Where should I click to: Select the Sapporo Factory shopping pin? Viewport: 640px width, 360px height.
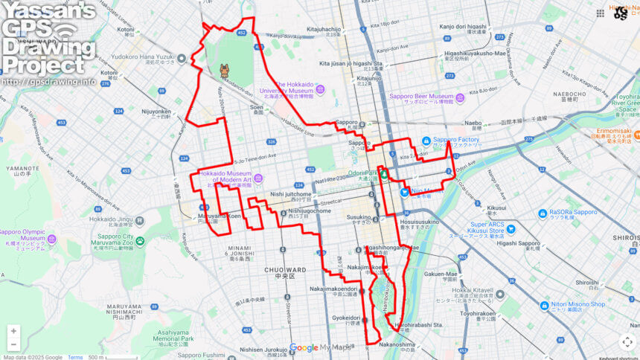tap(426, 141)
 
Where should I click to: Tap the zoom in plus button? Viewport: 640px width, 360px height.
tap(13, 331)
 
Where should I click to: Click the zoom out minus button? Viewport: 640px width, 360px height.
tap(13, 344)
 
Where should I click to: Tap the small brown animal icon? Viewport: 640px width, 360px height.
tap(224, 71)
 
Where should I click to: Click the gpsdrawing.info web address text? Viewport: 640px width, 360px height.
tap(48, 82)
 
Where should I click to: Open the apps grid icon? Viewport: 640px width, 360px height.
tap(601, 13)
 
